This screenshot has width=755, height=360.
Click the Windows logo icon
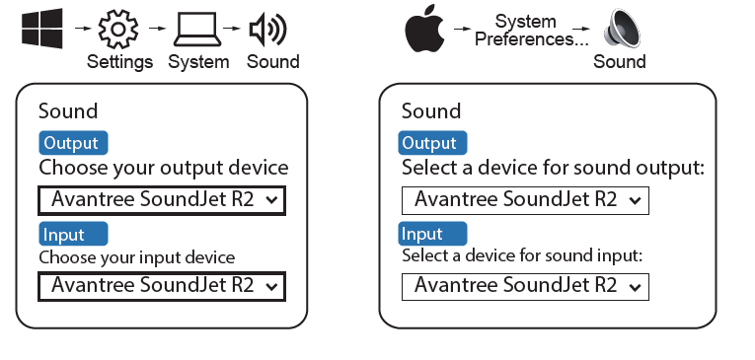pyautogui.click(x=41, y=29)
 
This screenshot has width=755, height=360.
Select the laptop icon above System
pyautogui.click(x=197, y=30)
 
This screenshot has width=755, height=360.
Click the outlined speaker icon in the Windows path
pyautogui.click(x=267, y=29)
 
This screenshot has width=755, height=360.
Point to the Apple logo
pyautogui.click(x=424, y=29)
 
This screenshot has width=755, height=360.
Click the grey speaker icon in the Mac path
pyautogui.click(x=622, y=29)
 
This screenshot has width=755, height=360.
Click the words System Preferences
pyautogui.click(x=532, y=31)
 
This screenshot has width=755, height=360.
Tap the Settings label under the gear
pyautogui.click(x=119, y=62)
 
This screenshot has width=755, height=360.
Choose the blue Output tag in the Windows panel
pyautogui.click(x=73, y=143)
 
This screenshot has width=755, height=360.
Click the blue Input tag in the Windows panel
pyautogui.click(x=73, y=234)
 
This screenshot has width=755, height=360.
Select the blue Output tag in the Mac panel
pyautogui.click(x=432, y=143)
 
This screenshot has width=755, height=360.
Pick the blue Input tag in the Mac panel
pyautogui.click(x=432, y=234)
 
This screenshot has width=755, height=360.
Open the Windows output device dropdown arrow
pyautogui.click(x=272, y=200)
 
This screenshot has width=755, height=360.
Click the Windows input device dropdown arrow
pyautogui.click(x=272, y=287)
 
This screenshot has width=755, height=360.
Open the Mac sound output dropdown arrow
pyautogui.click(x=636, y=200)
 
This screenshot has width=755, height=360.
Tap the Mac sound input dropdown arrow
pyautogui.click(x=636, y=287)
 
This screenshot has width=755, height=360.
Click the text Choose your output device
pyautogui.click(x=164, y=169)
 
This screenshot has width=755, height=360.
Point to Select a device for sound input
pyautogui.click(x=522, y=255)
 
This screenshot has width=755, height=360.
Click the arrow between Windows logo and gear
pyautogui.click(x=83, y=29)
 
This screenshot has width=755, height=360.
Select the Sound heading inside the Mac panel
pyautogui.click(x=431, y=111)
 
